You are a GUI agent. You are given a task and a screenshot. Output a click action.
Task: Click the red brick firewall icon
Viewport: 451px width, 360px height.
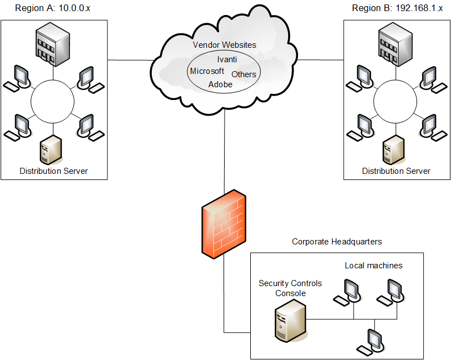[223, 223]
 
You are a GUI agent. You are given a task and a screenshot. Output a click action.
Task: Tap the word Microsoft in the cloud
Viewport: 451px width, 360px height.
[207, 71]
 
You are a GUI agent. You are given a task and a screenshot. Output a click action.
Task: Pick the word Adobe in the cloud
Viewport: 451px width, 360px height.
[220, 85]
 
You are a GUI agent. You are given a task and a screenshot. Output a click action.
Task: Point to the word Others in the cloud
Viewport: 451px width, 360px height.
[244, 74]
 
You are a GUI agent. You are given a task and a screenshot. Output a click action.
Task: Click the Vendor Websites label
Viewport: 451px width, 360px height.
[224, 44]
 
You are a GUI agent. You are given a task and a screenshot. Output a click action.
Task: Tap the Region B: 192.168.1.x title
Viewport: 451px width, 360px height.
[391, 8]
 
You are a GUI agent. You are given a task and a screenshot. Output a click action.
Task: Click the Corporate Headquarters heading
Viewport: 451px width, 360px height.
[337, 242]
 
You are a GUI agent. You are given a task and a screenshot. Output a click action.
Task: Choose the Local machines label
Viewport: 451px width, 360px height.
[373, 266]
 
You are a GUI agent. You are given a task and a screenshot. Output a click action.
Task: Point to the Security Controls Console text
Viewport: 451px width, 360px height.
[290, 288]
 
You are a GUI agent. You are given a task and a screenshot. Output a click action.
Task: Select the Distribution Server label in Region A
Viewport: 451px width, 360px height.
[53, 171]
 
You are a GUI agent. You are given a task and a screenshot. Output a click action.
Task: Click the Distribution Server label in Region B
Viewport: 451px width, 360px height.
[396, 171]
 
